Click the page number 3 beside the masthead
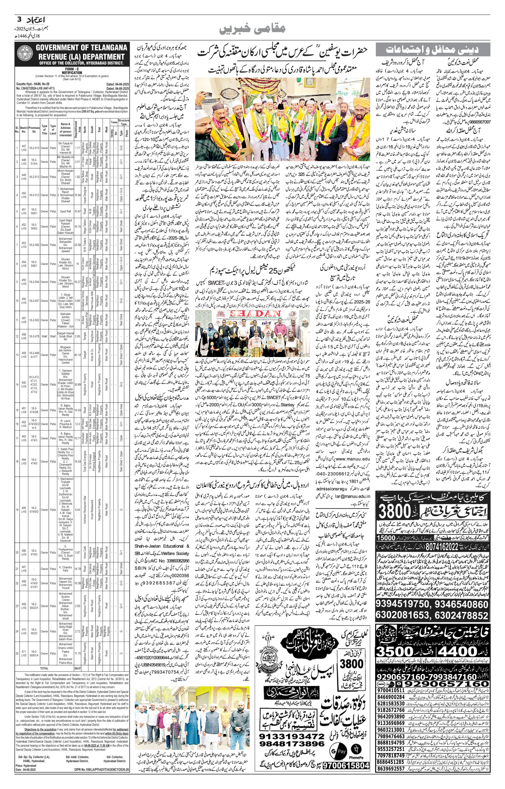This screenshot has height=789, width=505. (19, 19)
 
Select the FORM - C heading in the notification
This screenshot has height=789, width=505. (72, 69)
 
